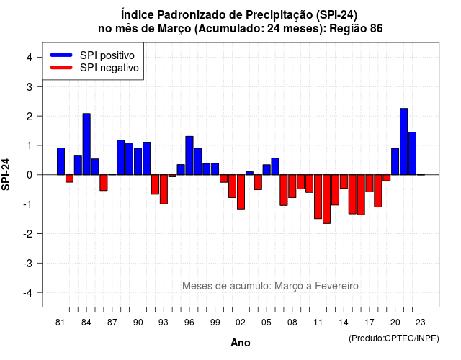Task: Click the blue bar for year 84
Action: pyautogui.click(x=86, y=144)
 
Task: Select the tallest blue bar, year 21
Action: pyautogui.click(x=403, y=142)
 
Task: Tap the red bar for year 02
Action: pyautogui.click(x=241, y=192)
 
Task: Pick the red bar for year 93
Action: pyautogui.click(x=164, y=189)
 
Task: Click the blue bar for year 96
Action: pyautogui.click(x=189, y=156)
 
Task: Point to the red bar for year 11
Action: pyautogui.click(x=318, y=197)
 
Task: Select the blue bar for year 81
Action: pyautogui.click(x=61, y=161)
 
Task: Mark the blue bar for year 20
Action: pyautogui.click(x=395, y=161)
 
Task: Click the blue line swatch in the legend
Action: pyautogui.click(x=61, y=55)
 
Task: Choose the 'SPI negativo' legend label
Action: pyautogui.click(x=109, y=68)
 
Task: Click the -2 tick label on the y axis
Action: pyautogui.click(x=28, y=233)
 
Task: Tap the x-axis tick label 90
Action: pyautogui.click(x=138, y=323)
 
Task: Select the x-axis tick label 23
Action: pyautogui.click(x=421, y=323)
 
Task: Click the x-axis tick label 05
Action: pyautogui.click(x=267, y=323)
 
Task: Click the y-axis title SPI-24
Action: pyautogui.click(x=6, y=174)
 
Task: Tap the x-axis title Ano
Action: pyautogui.click(x=241, y=343)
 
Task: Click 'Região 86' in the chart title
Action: pyautogui.click(x=356, y=29)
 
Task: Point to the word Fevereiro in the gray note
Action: pyautogui.click(x=336, y=286)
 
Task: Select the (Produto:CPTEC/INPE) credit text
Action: pyautogui.click(x=394, y=338)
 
